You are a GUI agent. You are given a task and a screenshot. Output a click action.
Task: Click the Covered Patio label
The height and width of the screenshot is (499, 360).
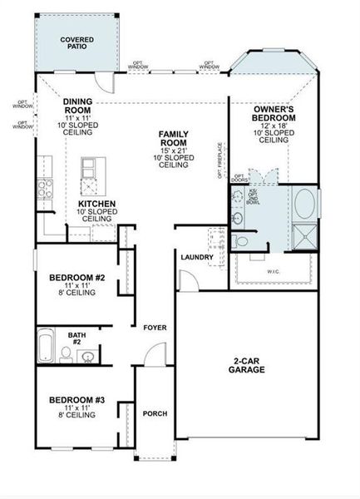76,42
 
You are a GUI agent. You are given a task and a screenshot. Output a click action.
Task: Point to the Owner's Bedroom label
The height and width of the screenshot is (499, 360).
274,114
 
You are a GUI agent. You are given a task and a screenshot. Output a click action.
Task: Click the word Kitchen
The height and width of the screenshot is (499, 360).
97,204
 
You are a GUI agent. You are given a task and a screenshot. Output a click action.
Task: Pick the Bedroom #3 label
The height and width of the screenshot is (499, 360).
76,400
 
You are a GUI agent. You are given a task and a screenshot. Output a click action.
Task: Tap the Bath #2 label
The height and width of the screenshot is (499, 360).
76,339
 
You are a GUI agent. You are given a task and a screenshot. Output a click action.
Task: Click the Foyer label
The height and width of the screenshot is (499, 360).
155,328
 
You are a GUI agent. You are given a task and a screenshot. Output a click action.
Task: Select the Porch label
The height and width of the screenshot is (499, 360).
155,413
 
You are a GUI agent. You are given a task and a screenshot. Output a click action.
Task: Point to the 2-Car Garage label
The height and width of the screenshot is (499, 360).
247,365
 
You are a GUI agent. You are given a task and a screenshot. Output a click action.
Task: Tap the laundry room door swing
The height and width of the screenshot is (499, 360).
190,280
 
